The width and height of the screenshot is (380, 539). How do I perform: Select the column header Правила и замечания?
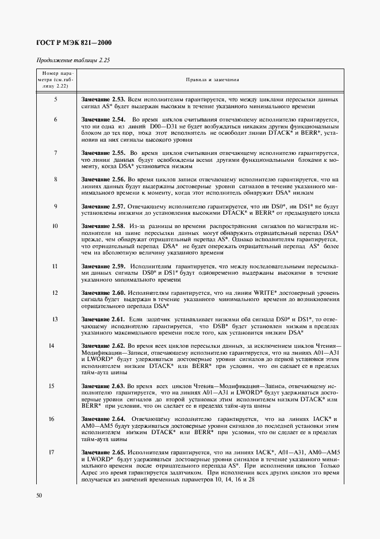(212, 81)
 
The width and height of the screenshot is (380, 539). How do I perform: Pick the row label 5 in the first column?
(55, 100)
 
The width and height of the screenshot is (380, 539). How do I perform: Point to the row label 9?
(55, 206)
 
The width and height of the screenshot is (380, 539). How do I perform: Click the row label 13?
(55, 318)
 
